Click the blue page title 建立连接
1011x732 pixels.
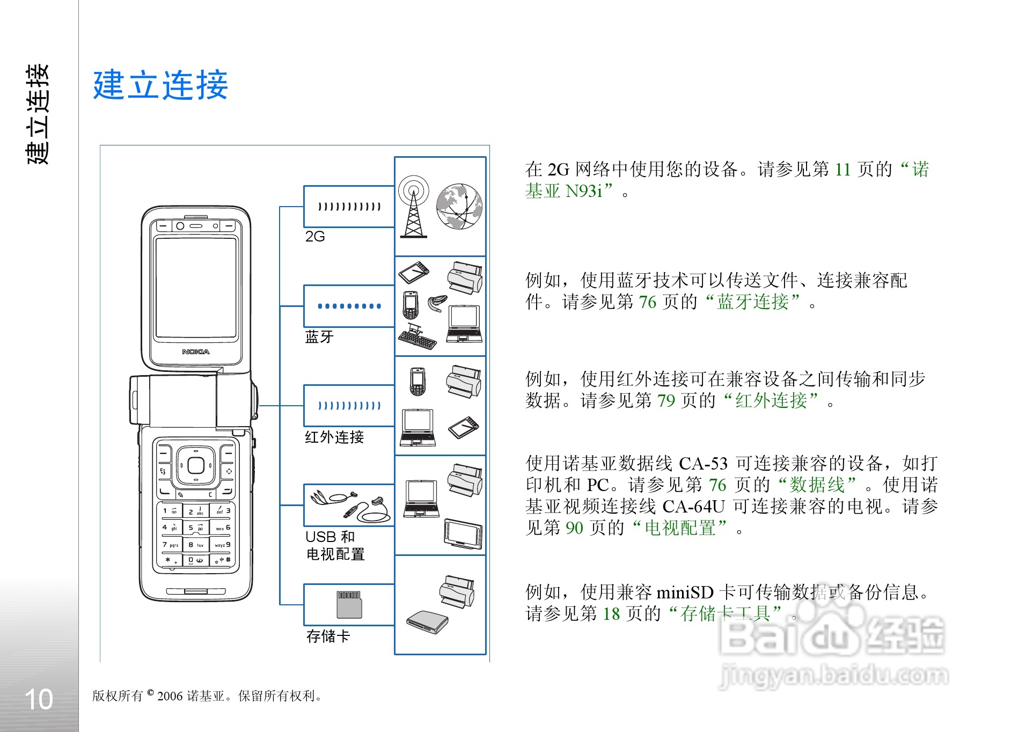160,85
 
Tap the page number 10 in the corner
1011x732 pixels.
39,699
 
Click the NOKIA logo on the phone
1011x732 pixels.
196,352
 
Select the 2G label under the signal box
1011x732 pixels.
315,237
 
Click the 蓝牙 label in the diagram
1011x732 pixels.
319,337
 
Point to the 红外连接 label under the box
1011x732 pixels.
334,437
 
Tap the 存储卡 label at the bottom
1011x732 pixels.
328,636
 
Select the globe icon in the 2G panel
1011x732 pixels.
459,207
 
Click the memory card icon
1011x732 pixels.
349,604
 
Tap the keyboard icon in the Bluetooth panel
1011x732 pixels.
417,337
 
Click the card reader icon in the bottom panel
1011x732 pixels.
427,623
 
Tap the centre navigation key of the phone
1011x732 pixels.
196,465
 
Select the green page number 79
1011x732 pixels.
666,401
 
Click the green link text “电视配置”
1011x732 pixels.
680,528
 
